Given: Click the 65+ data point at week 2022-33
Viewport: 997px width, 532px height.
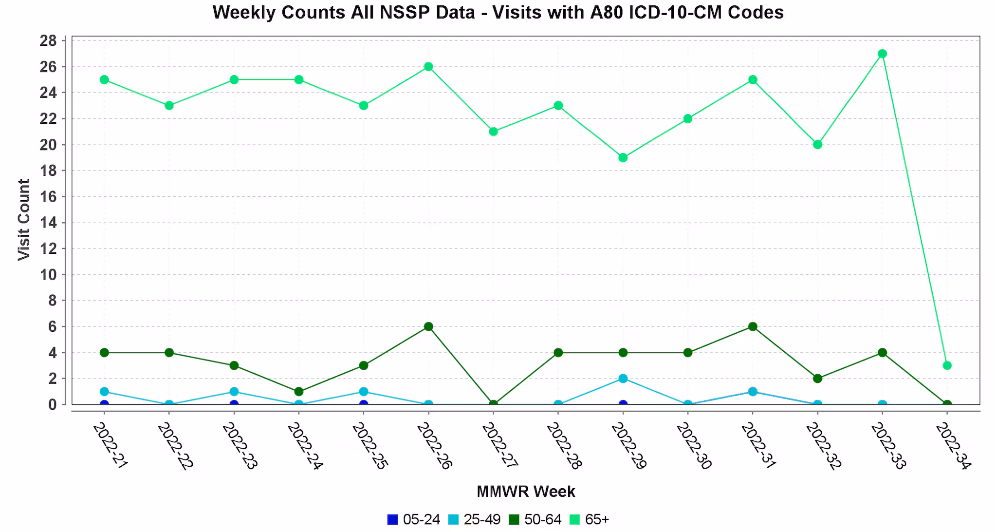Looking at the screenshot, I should coord(882,54).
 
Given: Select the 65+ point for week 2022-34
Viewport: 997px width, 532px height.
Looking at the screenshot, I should coord(947,365).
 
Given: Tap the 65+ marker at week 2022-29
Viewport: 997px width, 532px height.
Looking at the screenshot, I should coord(623,157).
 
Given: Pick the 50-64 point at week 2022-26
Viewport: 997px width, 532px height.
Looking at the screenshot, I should coord(428,326).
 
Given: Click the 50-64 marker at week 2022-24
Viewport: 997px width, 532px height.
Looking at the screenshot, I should coord(299,392).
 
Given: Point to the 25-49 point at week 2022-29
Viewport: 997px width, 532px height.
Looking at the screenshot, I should coord(623,379).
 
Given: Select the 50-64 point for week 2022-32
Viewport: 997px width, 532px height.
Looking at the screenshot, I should coord(817,379).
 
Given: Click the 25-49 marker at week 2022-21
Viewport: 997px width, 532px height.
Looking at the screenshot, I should coord(104,392).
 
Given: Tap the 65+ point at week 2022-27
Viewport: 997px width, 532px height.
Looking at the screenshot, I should coord(493,132).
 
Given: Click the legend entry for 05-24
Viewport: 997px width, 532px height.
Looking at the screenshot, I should coord(414,520).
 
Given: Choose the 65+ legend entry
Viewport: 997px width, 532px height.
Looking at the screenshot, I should coord(590,520).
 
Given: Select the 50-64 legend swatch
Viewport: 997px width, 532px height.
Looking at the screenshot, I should coord(514,520).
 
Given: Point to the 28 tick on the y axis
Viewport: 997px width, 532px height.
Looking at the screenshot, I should coord(48,40).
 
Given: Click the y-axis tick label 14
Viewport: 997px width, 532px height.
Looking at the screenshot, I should coord(48,223).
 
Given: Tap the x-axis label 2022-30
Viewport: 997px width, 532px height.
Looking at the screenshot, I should coord(694,446).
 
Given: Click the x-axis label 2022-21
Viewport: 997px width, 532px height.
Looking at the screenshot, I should coord(110,446).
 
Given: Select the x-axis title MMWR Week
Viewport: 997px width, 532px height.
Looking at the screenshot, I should coord(526,492).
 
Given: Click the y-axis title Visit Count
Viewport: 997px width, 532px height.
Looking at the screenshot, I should coord(24,220).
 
